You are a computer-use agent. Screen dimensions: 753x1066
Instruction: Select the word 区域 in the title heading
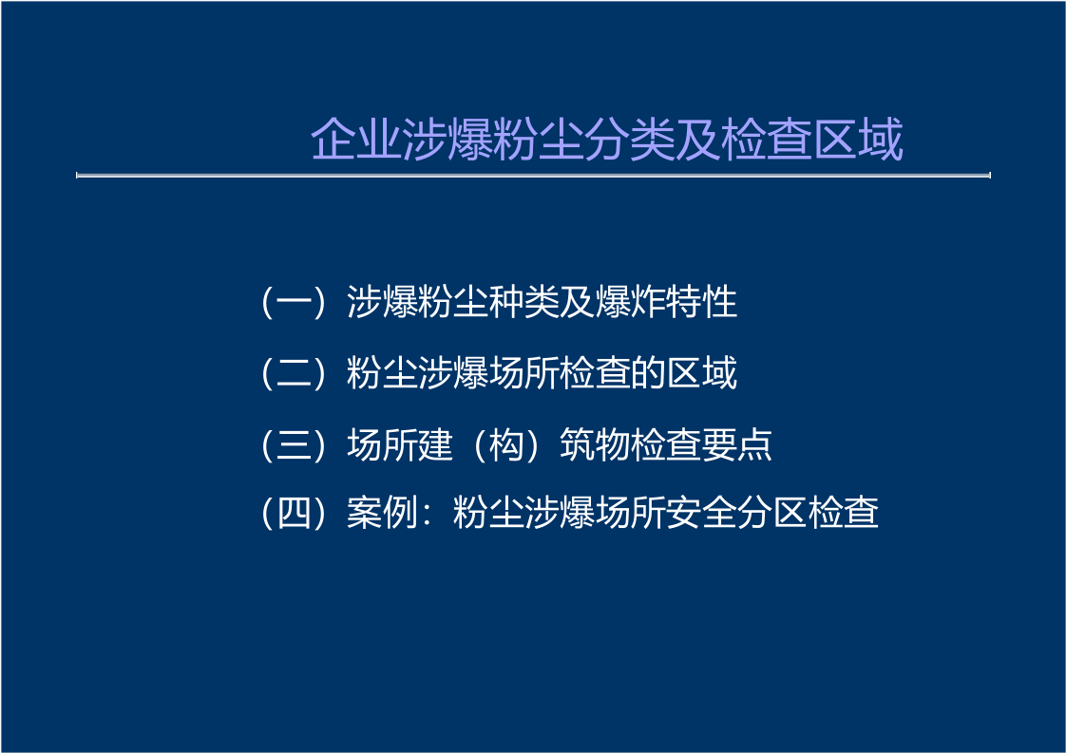pyautogui.click(x=856, y=141)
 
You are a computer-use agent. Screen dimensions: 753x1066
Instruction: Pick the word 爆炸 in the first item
pyautogui.click(x=629, y=303)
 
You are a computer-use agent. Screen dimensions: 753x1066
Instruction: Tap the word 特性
pyautogui.click(x=701, y=303)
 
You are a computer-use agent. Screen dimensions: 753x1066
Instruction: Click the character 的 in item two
pyautogui.click(x=647, y=373)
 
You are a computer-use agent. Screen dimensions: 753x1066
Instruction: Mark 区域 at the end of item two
pyautogui.click(x=701, y=373)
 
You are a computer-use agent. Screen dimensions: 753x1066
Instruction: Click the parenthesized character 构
pyautogui.click(x=505, y=444)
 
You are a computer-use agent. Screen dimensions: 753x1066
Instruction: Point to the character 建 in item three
pyautogui.click(x=434, y=444)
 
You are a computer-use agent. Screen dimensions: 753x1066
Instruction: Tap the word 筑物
pyautogui.click(x=594, y=444)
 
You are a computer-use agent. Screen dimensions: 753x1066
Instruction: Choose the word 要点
pyautogui.click(x=736, y=444)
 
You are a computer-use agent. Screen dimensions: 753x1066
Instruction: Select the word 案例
pyautogui.click(x=381, y=513)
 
